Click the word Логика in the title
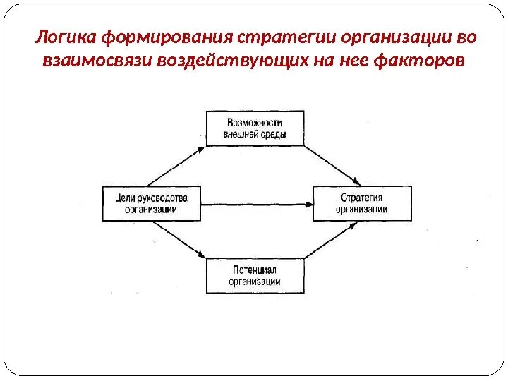65,36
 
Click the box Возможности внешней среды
255,128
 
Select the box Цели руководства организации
151,204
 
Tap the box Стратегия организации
361,204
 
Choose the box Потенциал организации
255,276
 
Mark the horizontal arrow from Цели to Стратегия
255,205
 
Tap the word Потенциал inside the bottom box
255,270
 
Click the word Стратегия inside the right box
361,198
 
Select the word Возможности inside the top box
255,122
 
